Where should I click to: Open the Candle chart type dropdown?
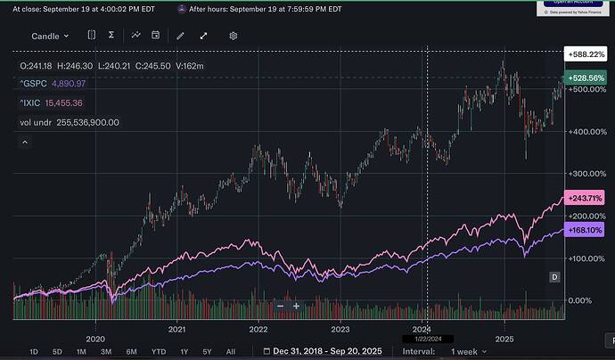tap(51, 36)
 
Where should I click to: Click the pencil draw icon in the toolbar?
tap(181, 36)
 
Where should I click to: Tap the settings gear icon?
tap(233, 36)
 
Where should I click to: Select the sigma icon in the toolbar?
tap(111, 36)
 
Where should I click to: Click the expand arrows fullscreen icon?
tap(203, 36)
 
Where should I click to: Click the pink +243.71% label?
tap(584, 197)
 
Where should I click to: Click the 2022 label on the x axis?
tap(258, 326)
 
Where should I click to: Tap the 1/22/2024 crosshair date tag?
tap(429, 339)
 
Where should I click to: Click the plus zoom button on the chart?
tap(296, 306)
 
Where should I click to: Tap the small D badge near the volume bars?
tap(553, 277)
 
